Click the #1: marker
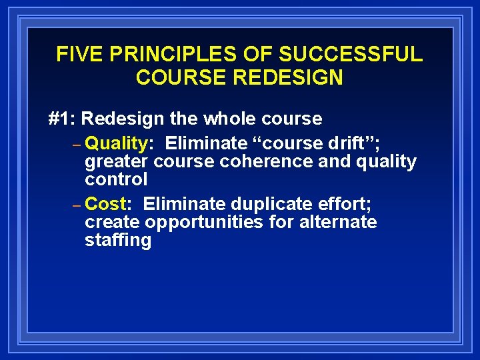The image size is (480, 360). (63, 119)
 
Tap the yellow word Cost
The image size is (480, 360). (106, 203)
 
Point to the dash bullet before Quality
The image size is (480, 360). (77, 145)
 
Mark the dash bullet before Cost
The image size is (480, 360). (77, 205)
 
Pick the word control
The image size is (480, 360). (116, 179)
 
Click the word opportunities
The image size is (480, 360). (204, 222)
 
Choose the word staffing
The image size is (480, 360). (118, 240)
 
